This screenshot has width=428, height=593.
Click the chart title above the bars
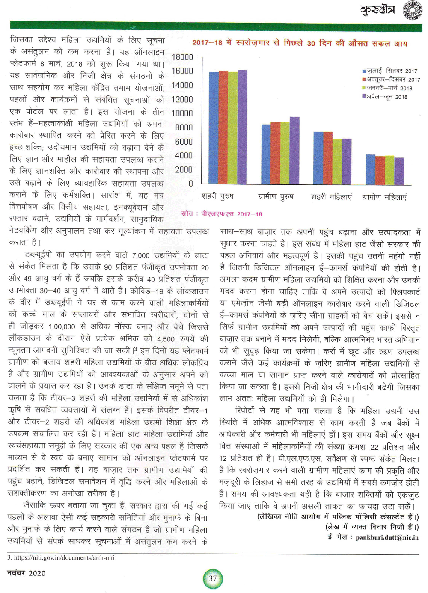pos(300,43)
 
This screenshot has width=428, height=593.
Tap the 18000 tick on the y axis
pos(182,57)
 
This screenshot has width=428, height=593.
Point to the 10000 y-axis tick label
pos(182,113)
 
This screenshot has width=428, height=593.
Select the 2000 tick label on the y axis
pos(184,170)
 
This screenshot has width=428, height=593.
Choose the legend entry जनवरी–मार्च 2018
pos(389,88)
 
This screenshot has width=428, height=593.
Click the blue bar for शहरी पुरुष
pos(214,128)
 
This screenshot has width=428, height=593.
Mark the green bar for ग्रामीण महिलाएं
pos(389,170)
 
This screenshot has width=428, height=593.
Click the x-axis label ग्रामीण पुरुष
pos(276,197)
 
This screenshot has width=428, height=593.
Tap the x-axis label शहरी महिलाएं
pos(331,197)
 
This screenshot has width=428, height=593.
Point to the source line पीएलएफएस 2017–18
pos(222,214)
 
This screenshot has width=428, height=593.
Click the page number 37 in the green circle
pos(213,579)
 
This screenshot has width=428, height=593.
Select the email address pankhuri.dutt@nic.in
pos(387,537)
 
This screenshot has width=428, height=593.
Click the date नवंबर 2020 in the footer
pos(27,573)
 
